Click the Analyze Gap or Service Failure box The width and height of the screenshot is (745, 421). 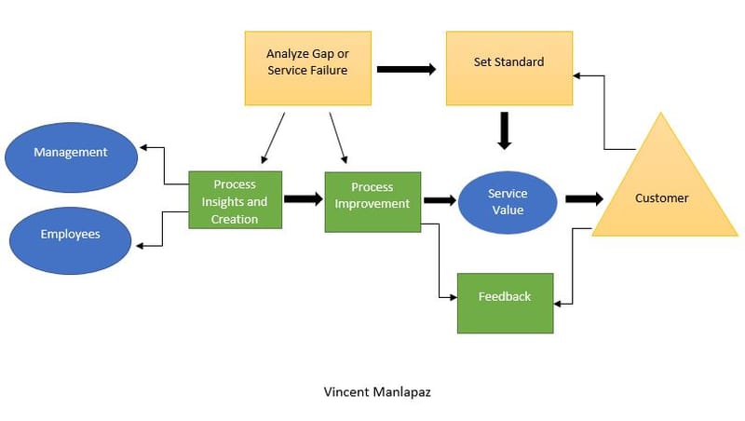(308, 68)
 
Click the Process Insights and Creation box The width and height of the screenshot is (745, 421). (235, 199)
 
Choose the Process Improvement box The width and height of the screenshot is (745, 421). (372, 201)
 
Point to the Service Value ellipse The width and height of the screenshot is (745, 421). (507, 201)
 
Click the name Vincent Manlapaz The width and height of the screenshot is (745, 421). (372, 391)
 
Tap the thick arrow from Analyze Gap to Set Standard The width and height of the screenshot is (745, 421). (406, 69)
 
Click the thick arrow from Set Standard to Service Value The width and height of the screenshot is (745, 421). (505, 129)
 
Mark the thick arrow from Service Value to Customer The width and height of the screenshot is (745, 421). (584, 199)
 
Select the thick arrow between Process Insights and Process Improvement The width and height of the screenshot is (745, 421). (303, 199)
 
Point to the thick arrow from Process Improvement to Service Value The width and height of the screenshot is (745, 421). (439, 200)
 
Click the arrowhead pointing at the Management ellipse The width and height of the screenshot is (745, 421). (142, 147)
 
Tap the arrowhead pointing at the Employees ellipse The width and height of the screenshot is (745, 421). (142, 246)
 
